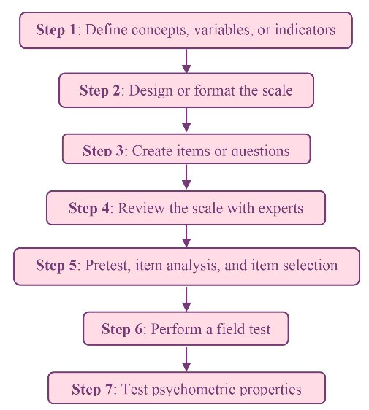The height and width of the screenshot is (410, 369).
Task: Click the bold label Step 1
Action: [56, 30]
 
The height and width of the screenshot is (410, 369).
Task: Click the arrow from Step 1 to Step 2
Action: [186, 61]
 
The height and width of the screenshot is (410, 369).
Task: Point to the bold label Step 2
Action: [100, 90]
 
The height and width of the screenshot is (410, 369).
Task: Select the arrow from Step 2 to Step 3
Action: [186, 120]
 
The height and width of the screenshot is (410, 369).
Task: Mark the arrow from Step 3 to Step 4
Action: [186, 177]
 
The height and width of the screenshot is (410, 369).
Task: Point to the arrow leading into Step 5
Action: [186, 236]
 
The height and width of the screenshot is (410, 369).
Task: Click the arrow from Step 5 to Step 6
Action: [186, 299]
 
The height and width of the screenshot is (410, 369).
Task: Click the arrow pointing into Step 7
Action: [186, 359]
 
